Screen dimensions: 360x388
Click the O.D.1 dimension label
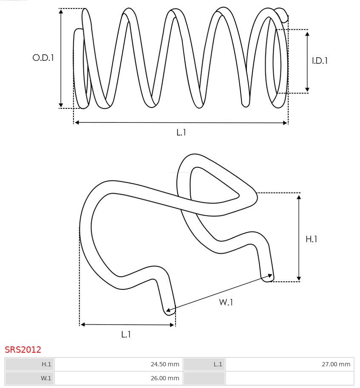[43, 58]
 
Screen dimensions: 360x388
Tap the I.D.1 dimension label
[320, 61]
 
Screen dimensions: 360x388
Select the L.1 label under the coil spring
[181, 133]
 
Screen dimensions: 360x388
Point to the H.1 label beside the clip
[311, 239]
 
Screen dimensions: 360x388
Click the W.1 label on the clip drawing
[226, 302]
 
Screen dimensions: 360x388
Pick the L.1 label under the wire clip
[126, 334]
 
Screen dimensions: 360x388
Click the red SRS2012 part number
[23, 350]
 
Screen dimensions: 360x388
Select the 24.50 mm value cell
[119, 364]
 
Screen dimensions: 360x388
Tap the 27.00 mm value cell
[290, 364]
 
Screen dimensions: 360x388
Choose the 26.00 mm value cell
[119, 378]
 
